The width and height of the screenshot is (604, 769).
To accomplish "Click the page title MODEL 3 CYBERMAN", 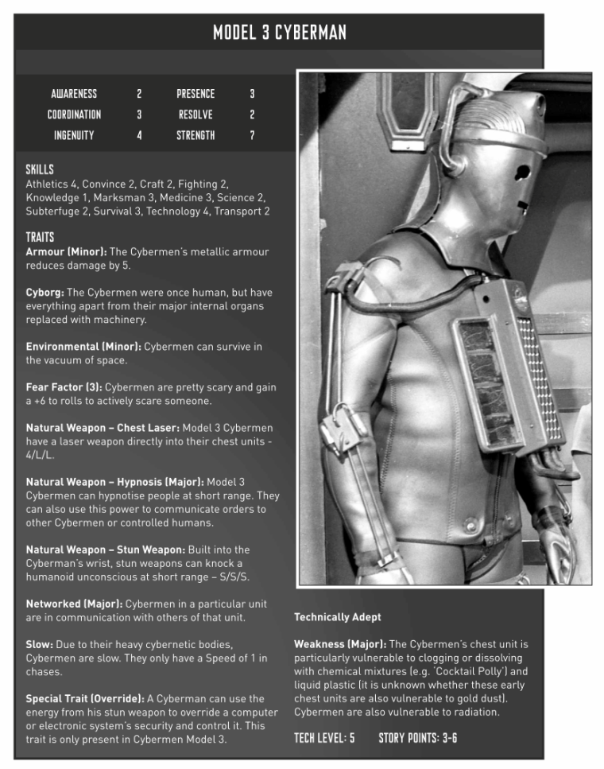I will (279, 33).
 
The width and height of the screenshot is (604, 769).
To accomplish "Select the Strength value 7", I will (252, 135).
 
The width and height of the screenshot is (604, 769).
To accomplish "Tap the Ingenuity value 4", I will (139, 135).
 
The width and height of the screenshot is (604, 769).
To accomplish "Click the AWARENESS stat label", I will (74, 94).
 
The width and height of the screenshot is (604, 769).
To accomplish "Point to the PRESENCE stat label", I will (196, 94).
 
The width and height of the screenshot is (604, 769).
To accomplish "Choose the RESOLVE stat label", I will (196, 115).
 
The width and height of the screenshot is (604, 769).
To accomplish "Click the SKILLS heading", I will (40, 169).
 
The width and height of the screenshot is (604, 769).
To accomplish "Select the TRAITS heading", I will (41, 237).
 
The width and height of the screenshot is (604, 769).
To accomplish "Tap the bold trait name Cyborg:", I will (45, 292).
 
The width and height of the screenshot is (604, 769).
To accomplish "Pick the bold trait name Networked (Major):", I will (74, 604).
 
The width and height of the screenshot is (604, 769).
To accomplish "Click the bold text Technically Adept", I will (337, 617).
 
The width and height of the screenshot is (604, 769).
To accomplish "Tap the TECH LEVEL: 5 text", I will (324, 739).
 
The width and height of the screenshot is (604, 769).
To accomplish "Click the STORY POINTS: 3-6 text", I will (417, 739).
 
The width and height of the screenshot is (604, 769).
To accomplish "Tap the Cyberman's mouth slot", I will (522, 205).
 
